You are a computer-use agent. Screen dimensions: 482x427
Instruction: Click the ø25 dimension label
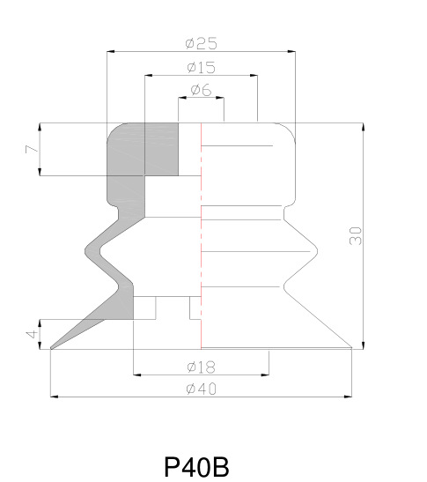point(201,43)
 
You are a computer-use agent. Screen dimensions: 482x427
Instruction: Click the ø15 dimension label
point(202,67)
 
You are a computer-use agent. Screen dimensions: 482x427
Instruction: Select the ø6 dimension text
point(201,90)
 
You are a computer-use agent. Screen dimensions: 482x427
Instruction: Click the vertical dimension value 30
point(355,235)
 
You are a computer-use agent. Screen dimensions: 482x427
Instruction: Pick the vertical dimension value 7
point(32,149)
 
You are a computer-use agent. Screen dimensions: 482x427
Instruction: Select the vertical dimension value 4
point(32,334)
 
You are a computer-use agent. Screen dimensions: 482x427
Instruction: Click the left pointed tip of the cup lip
point(52,349)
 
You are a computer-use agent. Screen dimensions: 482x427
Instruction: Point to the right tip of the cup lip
point(351,349)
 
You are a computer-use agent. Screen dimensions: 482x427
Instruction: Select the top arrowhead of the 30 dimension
point(364,127)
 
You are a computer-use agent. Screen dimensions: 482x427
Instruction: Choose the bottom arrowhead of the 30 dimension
point(364,345)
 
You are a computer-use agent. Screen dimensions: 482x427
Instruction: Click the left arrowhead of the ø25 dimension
point(110,51)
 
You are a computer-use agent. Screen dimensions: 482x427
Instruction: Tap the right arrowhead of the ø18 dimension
point(265,375)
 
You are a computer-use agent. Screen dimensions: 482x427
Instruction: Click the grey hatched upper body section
point(141,159)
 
